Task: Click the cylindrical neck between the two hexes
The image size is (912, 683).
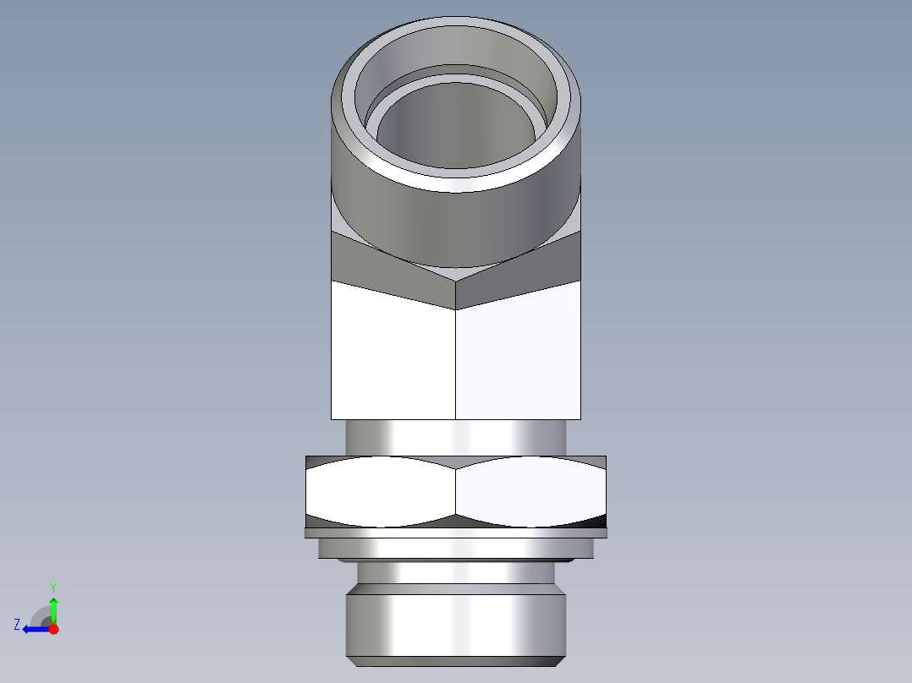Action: [455, 437]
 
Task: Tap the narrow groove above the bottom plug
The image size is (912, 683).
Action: [455, 573]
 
